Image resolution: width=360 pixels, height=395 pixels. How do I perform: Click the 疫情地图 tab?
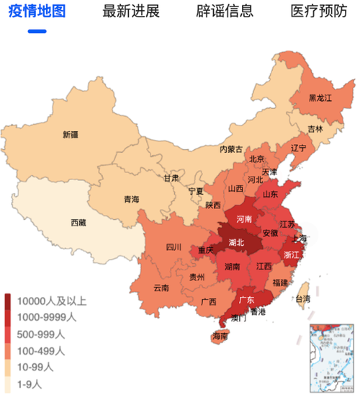click(37, 12)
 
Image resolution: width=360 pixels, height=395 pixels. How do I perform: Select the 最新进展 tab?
click(131, 12)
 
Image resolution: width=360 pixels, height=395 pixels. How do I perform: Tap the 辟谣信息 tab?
click(225, 12)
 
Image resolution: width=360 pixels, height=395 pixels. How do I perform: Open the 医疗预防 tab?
click(318, 12)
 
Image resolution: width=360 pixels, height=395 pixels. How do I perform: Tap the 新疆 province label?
click(71, 134)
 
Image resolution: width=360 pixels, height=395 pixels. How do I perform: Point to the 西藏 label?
click(78, 223)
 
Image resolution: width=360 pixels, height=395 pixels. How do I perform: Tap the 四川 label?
click(174, 247)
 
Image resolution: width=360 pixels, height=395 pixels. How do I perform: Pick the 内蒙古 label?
click(231, 149)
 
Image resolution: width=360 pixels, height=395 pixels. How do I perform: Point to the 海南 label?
click(220, 336)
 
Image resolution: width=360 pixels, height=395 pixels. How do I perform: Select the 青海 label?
click(131, 200)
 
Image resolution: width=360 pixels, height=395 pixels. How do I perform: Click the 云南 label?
click(161, 288)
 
